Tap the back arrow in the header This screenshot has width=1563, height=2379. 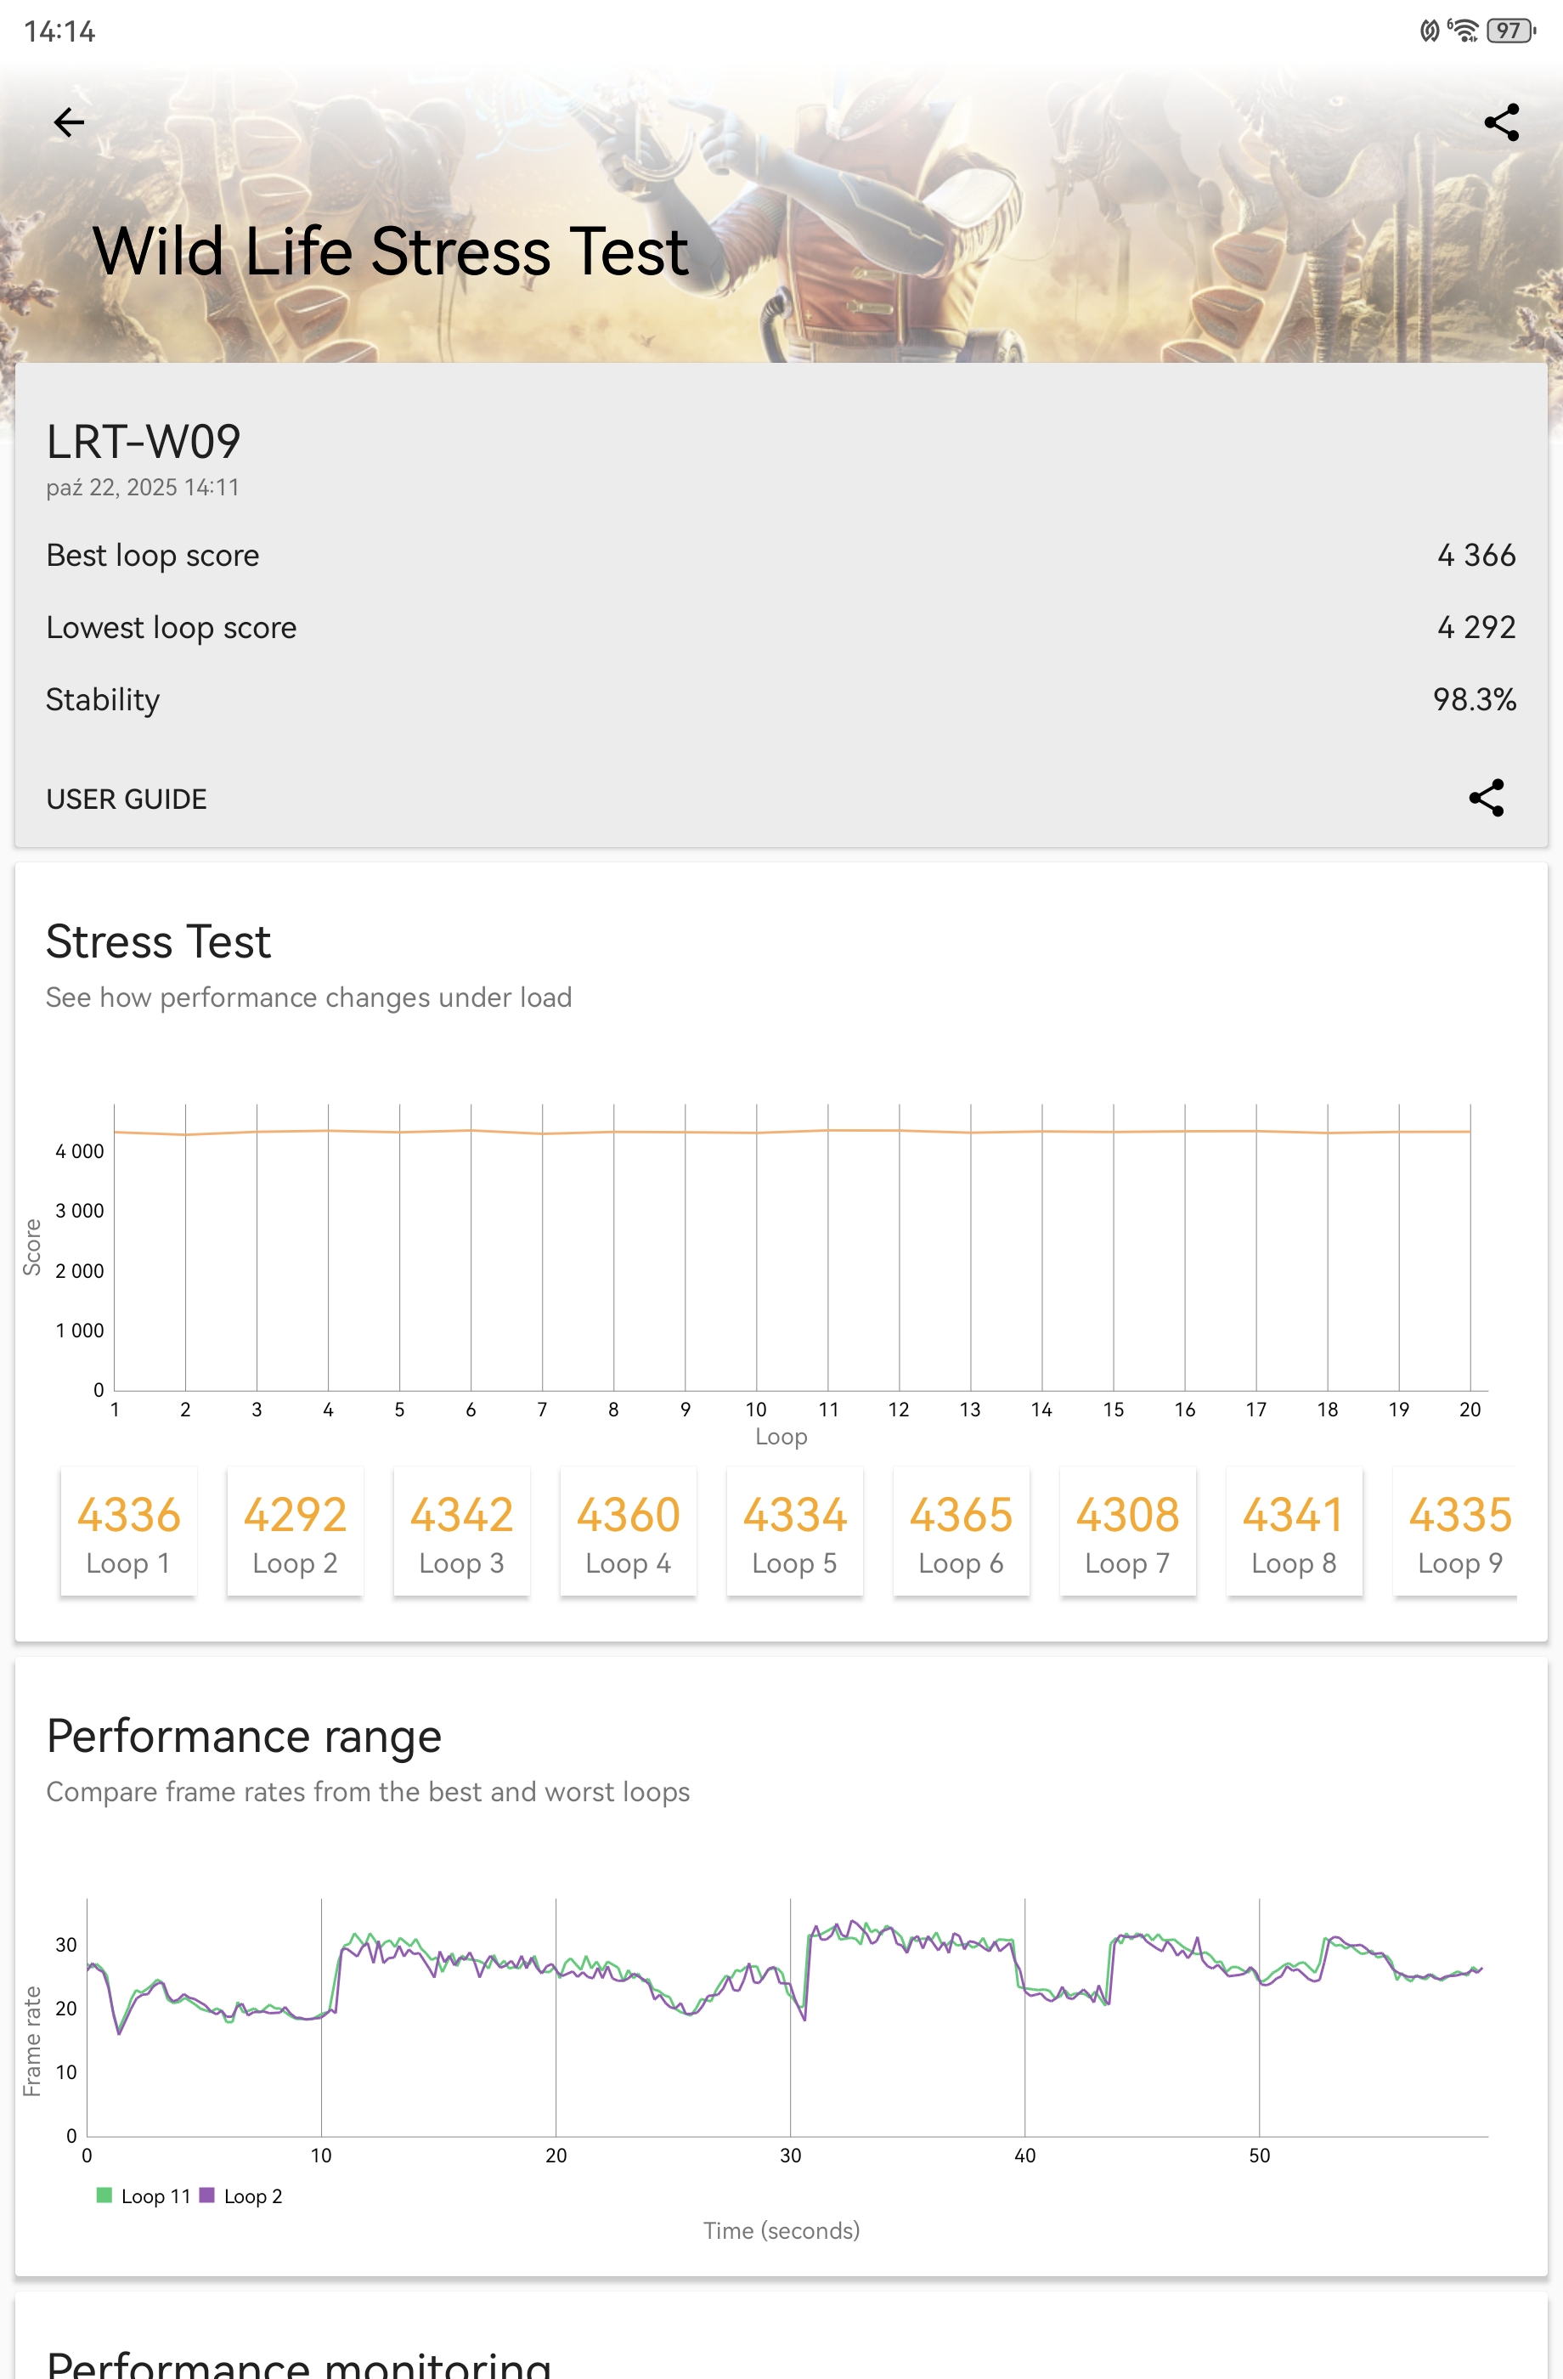[x=69, y=123]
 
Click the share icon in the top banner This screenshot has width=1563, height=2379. [x=1501, y=123]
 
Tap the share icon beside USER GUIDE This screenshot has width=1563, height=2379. [x=1486, y=798]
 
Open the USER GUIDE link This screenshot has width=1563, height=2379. [x=127, y=799]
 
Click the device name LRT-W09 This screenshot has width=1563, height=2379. [x=144, y=442]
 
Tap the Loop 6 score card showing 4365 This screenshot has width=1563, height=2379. [x=961, y=1531]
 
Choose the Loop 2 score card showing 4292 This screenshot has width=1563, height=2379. [x=295, y=1531]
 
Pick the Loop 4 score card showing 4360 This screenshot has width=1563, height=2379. [x=628, y=1531]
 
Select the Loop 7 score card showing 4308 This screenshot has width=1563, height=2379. [x=1127, y=1531]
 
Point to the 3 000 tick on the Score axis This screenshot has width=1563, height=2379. [x=80, y=1211]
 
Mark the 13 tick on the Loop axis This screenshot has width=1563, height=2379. [x=969, y=1410]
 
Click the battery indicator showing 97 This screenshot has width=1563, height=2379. [x=1508, y=31]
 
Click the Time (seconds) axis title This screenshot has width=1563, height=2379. [x=781, y=2230]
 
